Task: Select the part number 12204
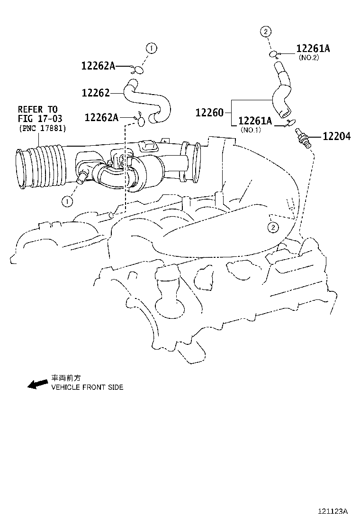(x=337, y=137)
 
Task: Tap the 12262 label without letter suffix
(x=95, y=93)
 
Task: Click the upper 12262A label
(x=98, y=66)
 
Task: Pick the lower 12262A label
(x=101, y=117)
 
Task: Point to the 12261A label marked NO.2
(x=313, y=49)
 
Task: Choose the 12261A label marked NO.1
(x=255, y=121)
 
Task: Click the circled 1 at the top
(x=151, y=48)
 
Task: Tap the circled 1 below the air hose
(x=67, y=201)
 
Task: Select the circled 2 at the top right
(x=265, y=32)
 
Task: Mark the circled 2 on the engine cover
(x=273, y=228)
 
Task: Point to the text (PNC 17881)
(x=43, y=128)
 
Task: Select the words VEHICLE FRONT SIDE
(x=87, y=387)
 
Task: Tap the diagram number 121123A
(x=333, y=511)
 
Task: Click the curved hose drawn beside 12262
(x=147, y=100)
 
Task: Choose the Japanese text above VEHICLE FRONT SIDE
(x=66, y=378)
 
